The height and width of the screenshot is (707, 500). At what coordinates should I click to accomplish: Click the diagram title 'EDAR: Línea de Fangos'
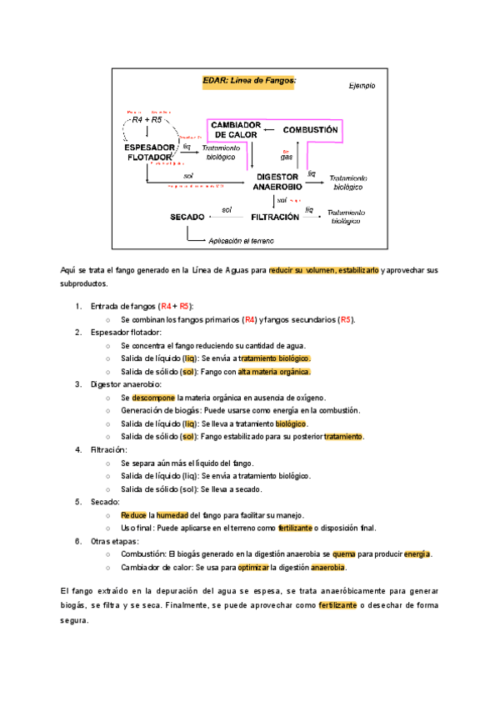pyautogui.click(x=250, y=81)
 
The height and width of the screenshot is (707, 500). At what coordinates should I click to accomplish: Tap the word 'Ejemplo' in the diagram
pyautogui.click(x=362, y=85)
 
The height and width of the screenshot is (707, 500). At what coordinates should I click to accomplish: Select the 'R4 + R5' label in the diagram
pyautogui.click(x=147, y=120)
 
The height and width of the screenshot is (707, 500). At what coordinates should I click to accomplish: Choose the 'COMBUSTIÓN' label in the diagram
pyautogui.click(x=310, y=130)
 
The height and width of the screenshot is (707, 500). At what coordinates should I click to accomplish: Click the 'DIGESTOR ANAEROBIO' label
pyautogui.click(x=278, y=182)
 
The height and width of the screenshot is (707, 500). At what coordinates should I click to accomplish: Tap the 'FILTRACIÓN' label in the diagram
pyautogui.click(x=275, y=217)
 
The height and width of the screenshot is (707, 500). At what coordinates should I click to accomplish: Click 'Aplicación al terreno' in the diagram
pyautogui.click(x=242, y=240)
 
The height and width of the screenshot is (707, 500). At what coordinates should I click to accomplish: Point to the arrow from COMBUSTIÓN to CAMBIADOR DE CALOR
pyautogui.click(x=269, y=130)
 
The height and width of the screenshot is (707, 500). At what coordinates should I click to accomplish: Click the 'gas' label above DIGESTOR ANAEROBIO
pyautogui.click(x=287, y=156)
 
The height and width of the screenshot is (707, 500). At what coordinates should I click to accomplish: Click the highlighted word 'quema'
pyautogui.click(x=344, y=554)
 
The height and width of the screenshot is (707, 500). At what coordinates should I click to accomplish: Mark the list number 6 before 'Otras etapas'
pyautogui.click(x=77, y=540)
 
